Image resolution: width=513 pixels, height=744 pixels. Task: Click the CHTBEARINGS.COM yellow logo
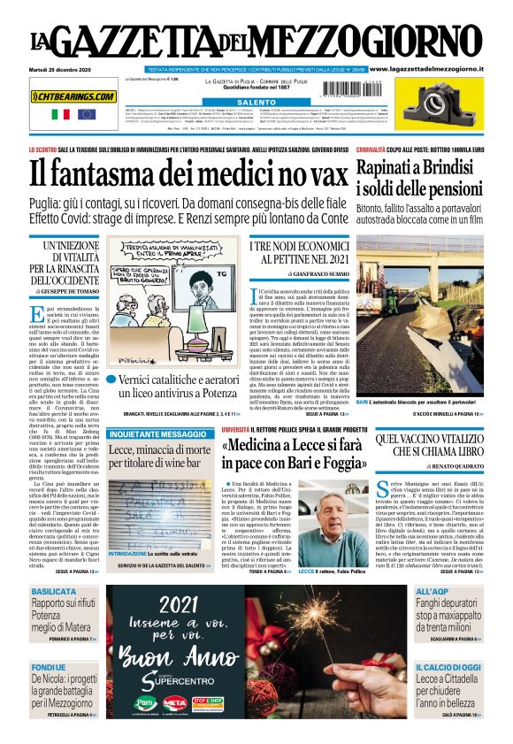[x=73, y=96]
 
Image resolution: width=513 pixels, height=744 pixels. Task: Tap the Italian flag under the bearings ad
[x=61, y=114]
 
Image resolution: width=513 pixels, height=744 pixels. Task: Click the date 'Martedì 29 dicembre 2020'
[x=65, y=69]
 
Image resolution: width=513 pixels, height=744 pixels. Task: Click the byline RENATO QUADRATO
[x=437, y=464]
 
